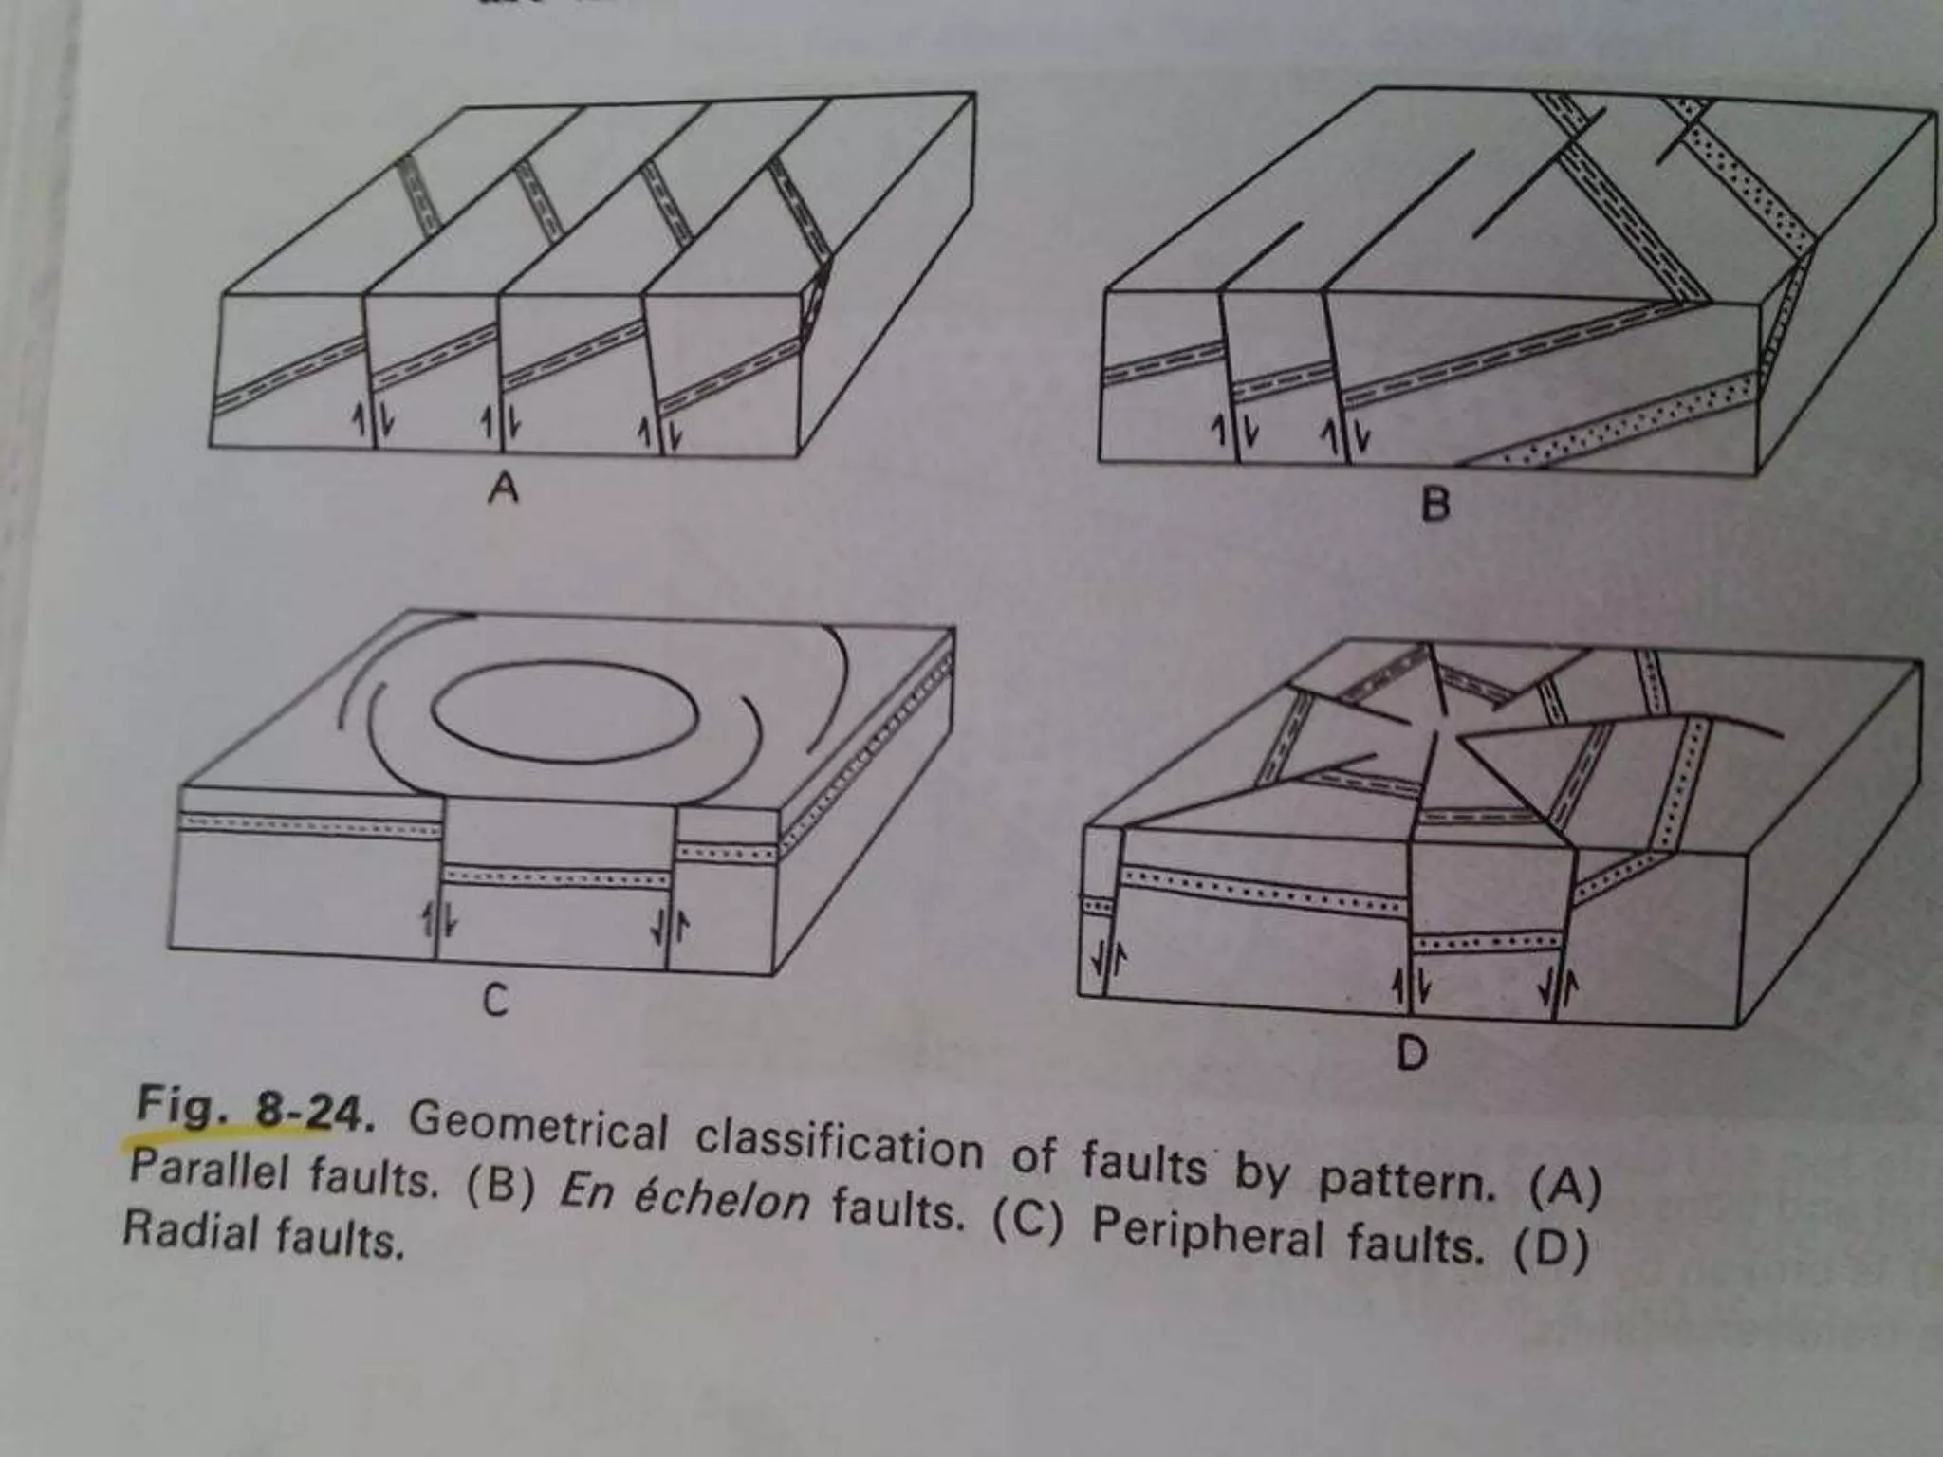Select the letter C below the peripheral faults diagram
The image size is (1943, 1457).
pyautogui.click(x=494, y=1000)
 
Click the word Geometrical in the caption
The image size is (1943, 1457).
pyautogui.click(x=539, y=1128)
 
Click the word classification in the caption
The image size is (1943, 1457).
pyautogui.click(x=839, y=1146)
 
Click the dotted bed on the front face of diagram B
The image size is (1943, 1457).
pyautogui.click(x=1613, y=417)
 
